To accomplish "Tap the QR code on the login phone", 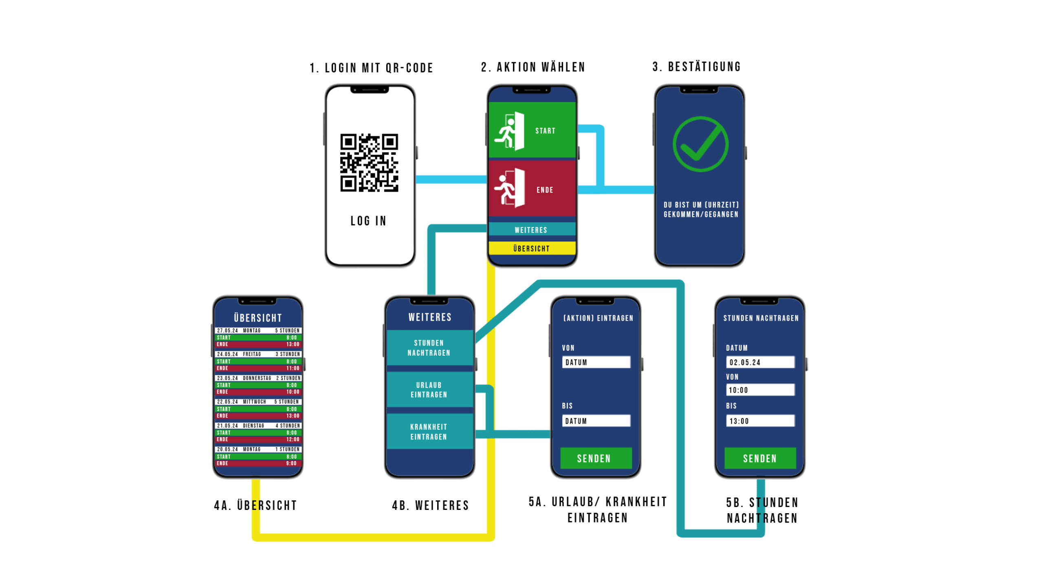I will pyautogui.click(x=369, y=162).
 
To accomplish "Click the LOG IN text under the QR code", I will pyautogui.click(x=368, y=221).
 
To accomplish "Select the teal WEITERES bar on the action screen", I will pyautogui.click(x=531, y=230).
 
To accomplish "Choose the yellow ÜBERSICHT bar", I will pyautogui.click(x=531, y=248).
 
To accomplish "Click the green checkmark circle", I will pyautogui.click(x=700, y=144).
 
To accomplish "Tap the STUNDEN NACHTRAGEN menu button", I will pyautogui.click(x=429, y=348).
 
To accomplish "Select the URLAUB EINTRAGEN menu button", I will pyautogui.click(x=429, y=390).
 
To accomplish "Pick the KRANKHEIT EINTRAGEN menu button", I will pyautogui.click(x=429, y=432).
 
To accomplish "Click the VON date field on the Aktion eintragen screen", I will pyautogui.click(x=596, y=362).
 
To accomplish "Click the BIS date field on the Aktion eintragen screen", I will pyautogui.click(x=596, y=421).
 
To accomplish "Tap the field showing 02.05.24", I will pyautogui.click(x=760, y=362).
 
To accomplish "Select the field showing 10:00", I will pyautogui.click(x=760, y=390).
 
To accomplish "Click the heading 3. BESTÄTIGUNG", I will pyautogui.click(x=696, y=67).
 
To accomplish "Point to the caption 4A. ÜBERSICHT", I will pyautogui.click(x=255, y=505).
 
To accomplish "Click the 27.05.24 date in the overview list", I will pyautogui.click(x=227, y=330).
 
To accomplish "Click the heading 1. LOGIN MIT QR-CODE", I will pyautogui.click(x=371, y=68).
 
